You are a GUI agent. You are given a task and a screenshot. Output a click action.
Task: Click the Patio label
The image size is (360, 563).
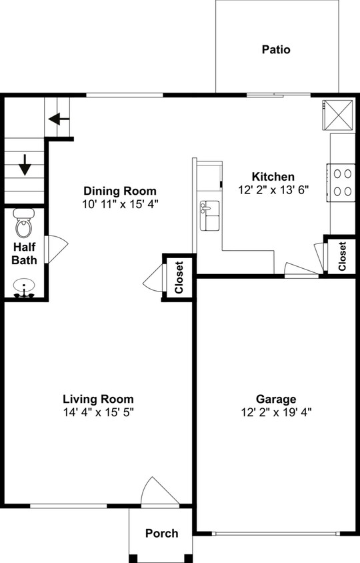276,49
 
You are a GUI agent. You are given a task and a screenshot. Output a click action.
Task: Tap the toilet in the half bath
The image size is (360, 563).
24,226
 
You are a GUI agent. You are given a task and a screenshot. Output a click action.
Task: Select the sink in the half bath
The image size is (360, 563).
25,288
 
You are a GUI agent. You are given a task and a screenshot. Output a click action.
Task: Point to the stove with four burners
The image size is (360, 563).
343,182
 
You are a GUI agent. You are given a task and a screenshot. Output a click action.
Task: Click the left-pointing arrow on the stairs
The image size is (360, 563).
59,119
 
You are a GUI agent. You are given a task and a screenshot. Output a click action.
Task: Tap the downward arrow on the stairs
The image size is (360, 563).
25,165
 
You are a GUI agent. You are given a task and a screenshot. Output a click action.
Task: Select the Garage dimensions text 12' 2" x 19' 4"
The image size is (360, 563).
276,412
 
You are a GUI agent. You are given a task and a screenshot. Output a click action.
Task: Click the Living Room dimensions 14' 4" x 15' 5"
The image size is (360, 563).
99,412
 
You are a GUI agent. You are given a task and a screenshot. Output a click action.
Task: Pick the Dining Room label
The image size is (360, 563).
120,191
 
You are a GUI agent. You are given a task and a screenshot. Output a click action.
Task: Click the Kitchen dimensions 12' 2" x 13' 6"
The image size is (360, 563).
273,189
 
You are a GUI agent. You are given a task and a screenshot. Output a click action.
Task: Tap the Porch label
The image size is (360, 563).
162,533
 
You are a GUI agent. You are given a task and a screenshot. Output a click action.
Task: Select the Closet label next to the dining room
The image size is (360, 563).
179,277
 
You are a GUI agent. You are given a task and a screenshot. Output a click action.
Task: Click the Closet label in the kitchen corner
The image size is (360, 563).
342,256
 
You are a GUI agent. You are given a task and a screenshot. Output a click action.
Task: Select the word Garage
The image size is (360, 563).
276,399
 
